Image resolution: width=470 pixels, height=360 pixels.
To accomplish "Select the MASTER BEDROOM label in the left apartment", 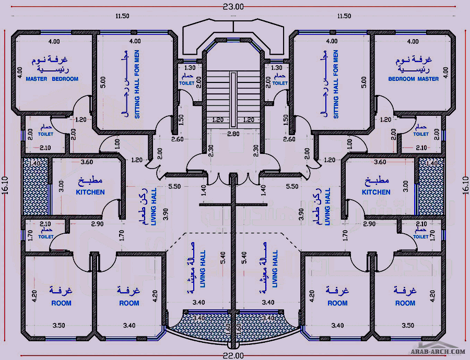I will click(x=52, y=79).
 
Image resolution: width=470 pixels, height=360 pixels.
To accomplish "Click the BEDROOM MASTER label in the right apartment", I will click(x=413, y=79).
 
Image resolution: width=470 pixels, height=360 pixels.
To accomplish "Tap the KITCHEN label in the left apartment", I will click(x=90, y=192).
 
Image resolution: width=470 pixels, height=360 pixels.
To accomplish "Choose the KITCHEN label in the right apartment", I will click(x=376, y=192).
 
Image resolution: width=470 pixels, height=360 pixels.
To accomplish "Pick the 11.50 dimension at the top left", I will click(x=122, y=16).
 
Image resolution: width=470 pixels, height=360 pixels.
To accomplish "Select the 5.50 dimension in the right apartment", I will click(x=292, y=186).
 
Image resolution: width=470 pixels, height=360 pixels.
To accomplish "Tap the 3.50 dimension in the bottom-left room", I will click(x=58, y=326).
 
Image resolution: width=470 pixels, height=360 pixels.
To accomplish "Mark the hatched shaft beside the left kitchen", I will click(x=35, y=188).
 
